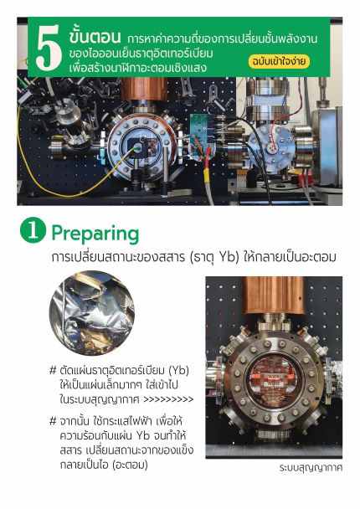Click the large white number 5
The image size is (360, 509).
(49, 48)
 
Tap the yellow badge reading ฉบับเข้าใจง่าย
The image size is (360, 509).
(279, 62)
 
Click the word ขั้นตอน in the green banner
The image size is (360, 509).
(95, 37)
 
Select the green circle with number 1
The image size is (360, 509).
(33, 230)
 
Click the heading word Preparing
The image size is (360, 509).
(95, 234)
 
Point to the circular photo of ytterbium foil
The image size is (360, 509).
(92, 312)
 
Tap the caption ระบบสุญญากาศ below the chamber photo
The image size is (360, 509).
(311, 468)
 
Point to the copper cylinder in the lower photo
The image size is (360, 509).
(275, 295)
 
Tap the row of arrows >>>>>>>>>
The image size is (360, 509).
(168, 399)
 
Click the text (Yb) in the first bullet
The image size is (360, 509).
(179, 370)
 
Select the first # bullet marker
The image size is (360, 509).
(53, 370)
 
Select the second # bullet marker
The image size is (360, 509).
(53, 421)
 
